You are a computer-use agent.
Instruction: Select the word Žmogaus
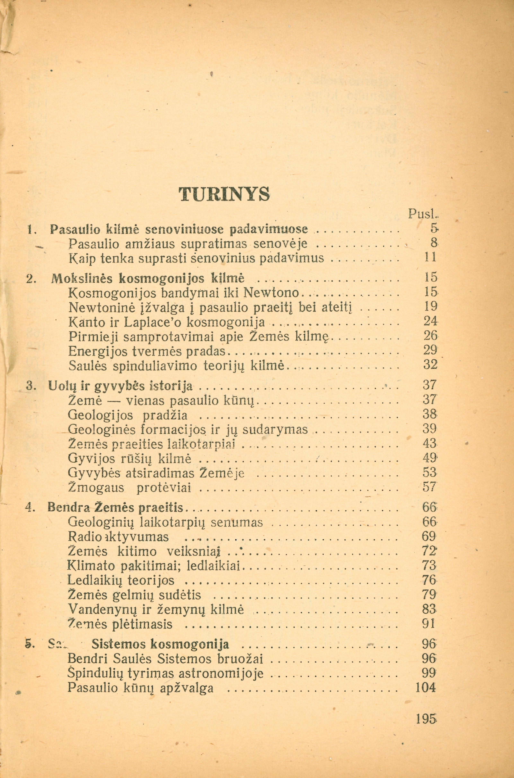[96, 488]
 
